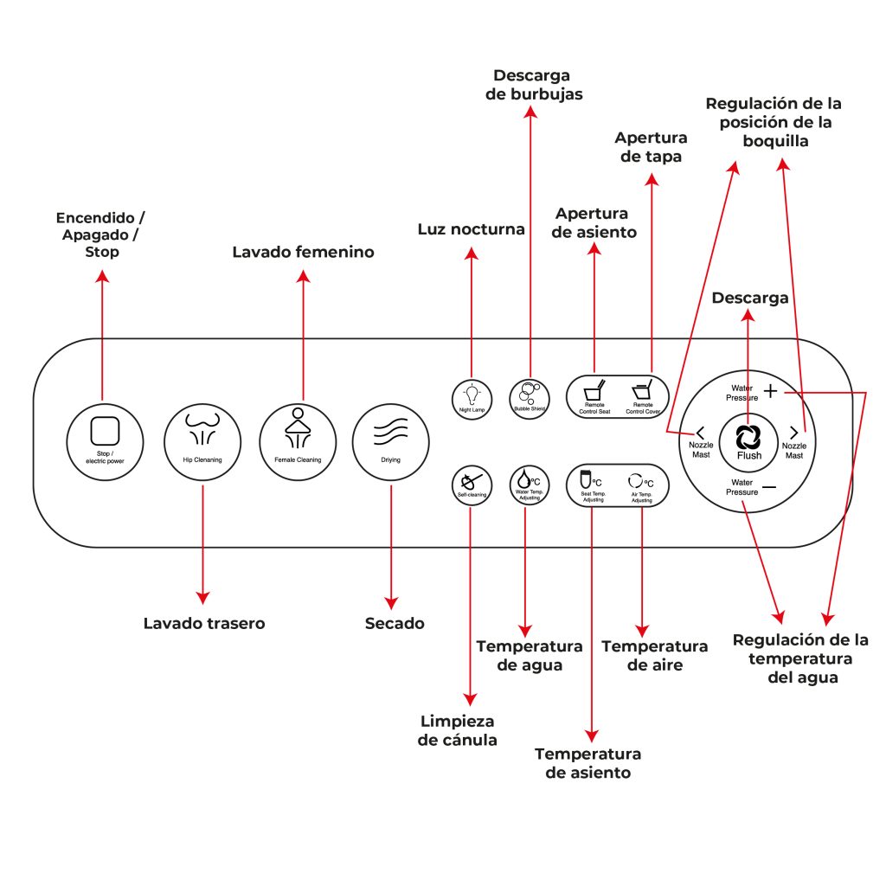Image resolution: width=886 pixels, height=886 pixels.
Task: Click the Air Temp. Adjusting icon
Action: pos(641,481)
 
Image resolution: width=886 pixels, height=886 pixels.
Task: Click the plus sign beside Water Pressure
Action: pos(770,391)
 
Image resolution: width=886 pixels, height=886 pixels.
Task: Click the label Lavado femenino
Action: pos(303,253)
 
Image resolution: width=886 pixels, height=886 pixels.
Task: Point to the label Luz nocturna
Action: pos(471,229)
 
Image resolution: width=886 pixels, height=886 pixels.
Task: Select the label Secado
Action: pos(395,623)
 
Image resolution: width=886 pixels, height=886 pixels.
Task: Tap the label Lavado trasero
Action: pos(204,623)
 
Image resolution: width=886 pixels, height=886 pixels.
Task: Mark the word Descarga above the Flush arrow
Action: pos(750,299)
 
